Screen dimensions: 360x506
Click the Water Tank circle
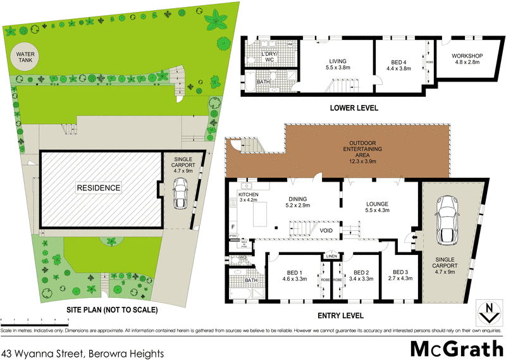pos(23,59)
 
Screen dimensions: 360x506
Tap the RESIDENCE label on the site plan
pos(99,188)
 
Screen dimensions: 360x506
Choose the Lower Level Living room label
pos(338,63)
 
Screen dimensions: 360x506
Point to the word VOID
pos(327,230)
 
